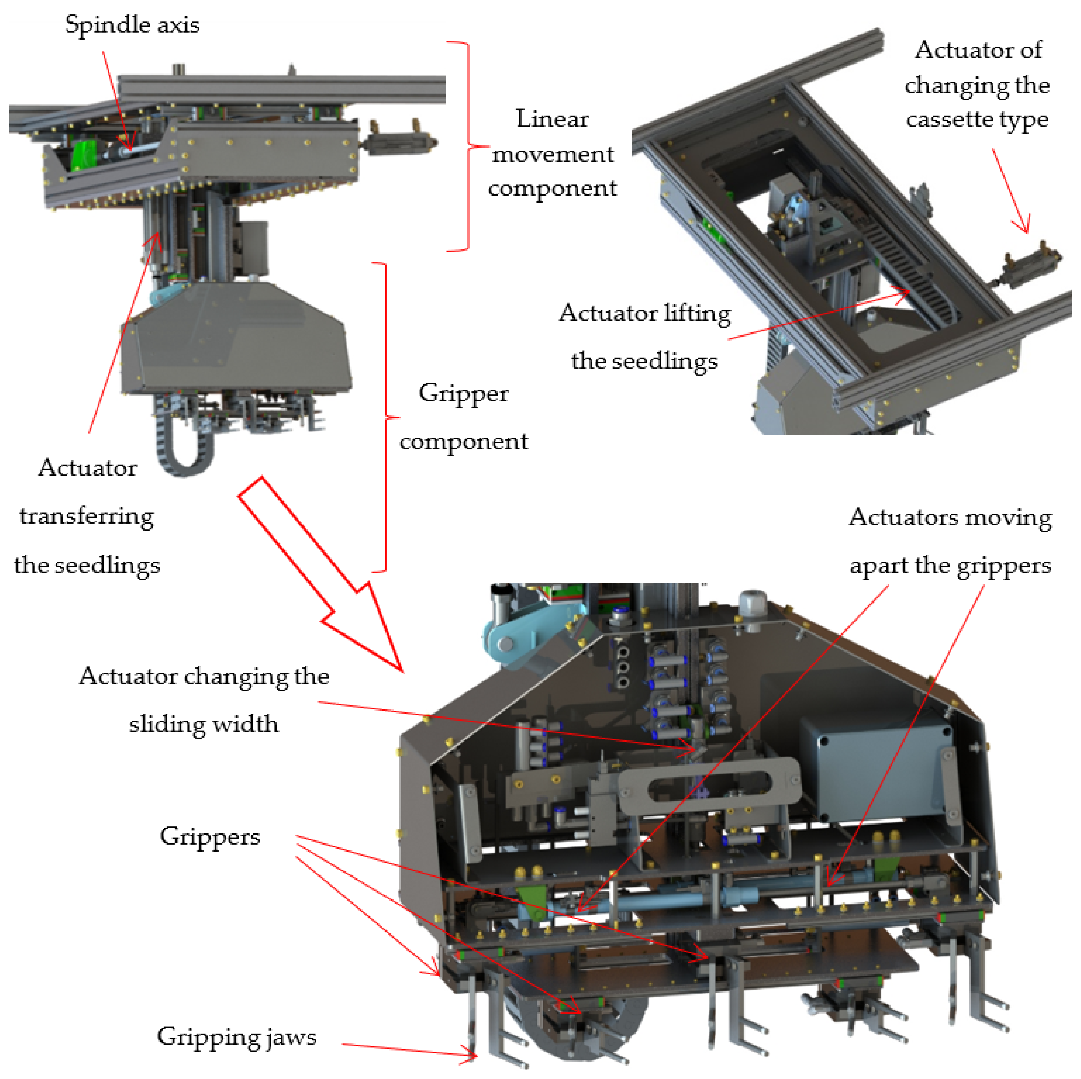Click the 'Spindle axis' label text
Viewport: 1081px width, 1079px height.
[132, 25]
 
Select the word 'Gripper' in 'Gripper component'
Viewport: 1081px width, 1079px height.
[463, 393]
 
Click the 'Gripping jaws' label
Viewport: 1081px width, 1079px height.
[236, 1037]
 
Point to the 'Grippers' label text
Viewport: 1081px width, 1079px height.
[210, 837]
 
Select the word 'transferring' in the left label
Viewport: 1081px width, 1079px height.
[87, 516]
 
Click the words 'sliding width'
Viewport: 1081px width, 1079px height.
[204, 724]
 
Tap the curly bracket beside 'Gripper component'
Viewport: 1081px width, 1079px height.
[385, 417]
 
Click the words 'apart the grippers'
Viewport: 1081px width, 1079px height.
[950, 565]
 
